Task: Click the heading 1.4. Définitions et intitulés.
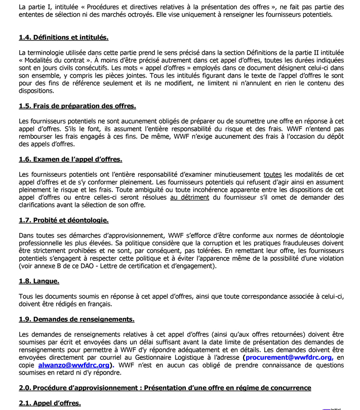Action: coord(63,38)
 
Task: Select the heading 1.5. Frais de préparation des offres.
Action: coord(77,106)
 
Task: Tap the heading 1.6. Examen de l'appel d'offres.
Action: coord(70,159)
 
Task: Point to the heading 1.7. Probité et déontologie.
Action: coord(63,220)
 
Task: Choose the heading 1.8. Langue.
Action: coord(39,281)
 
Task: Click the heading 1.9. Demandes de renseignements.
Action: coord(76,319)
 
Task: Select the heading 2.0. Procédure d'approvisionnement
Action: coord(165,388)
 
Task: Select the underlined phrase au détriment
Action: coord(189,197)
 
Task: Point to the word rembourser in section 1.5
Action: coord(36,136)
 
